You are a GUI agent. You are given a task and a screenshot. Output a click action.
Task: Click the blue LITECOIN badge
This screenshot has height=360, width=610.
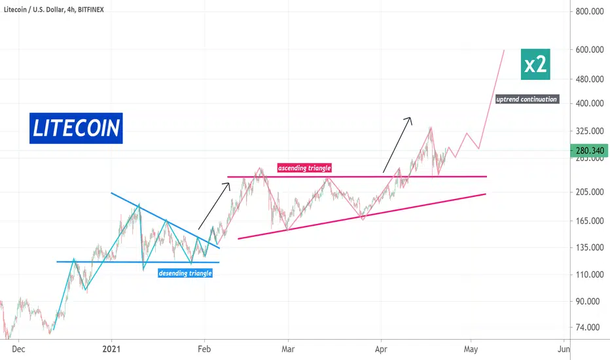(76, 128)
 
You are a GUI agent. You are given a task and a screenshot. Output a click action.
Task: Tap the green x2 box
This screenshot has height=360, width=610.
(535, 64)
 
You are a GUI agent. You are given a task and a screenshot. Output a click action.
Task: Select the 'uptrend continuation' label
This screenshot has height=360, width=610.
(527, 99)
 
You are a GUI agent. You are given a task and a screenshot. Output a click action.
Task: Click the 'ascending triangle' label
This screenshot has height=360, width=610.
(304, 168)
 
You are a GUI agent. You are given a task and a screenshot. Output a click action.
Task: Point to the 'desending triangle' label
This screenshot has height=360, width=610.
(185, 273)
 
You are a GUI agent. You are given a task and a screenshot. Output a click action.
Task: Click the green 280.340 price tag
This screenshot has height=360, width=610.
(589, 151)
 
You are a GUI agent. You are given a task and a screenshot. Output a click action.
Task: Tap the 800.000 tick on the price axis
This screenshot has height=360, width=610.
(590, 12)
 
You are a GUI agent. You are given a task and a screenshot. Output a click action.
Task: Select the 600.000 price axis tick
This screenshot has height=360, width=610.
(590, 50)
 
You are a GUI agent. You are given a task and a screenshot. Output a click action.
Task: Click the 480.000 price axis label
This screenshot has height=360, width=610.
(590, 79)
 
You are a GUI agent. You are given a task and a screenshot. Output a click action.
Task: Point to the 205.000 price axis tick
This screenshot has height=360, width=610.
(590, 192)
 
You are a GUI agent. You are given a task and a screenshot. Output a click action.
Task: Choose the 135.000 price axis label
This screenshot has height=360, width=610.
(590, 247)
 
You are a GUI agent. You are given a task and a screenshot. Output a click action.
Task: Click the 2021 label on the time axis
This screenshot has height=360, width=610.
(111, 349)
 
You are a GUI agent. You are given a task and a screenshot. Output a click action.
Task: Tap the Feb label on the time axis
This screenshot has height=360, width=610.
(204, 349)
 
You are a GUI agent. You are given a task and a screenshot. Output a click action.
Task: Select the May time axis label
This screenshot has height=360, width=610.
(471, 349)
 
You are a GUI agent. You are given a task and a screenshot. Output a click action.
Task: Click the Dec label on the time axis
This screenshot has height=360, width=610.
(18, 349)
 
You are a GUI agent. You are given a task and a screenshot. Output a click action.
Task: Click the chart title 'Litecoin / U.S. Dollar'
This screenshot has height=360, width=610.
(34, 9)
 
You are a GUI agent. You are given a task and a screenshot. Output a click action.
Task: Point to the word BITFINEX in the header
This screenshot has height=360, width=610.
(90, 9)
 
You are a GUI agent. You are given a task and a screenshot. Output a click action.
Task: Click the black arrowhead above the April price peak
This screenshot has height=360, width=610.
(408, 120)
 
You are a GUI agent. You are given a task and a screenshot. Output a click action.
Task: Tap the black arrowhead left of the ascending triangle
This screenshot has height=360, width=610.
(227, 187)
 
